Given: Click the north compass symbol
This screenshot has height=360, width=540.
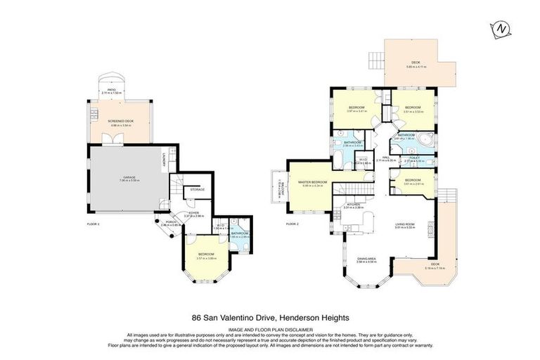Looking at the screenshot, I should (501, 29).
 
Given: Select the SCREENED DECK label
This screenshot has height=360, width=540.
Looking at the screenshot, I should (120, 121).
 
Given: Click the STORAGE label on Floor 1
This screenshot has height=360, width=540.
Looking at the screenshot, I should (198, 189).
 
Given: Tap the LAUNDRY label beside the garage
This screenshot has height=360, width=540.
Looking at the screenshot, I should (163, 159).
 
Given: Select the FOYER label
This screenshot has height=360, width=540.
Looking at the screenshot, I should (193, 215).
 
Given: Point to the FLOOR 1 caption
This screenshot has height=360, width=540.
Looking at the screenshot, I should (94, 224).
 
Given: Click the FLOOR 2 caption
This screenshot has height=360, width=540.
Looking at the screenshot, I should (293, 224).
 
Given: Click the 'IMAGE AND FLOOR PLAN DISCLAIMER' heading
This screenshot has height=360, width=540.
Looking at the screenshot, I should (270, 328).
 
